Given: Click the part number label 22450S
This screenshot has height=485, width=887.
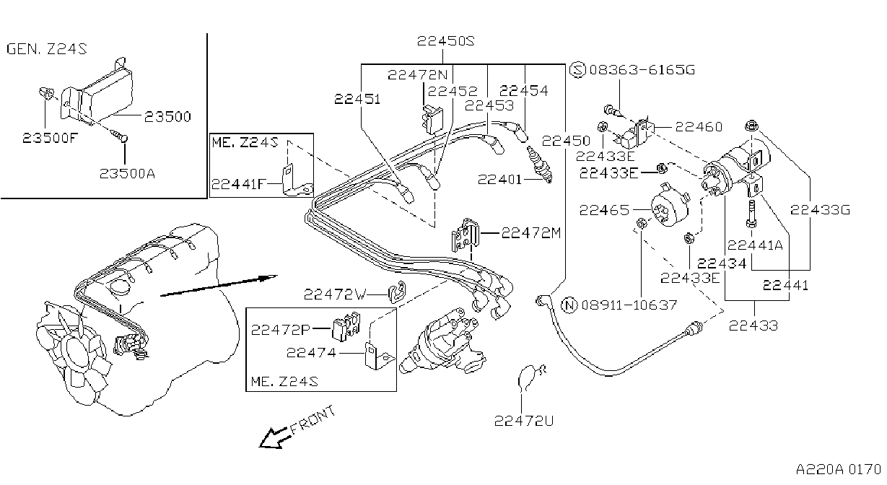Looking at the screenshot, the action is tap(445, 41).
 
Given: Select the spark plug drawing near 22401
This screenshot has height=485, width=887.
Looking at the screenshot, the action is tap(539, 165).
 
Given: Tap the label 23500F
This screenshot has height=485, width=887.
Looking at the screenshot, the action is tap(51, 138).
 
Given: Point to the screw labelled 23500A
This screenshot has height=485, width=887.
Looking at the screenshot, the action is tap(120, 136).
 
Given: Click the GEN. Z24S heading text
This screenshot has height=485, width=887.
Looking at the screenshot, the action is tap(47, 48).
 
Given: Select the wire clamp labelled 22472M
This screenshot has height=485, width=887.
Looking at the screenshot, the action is tap(466, 235).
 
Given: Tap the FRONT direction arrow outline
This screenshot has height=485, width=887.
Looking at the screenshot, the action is tap(274, 437).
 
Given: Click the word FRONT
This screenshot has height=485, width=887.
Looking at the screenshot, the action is tap(313, 420).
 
